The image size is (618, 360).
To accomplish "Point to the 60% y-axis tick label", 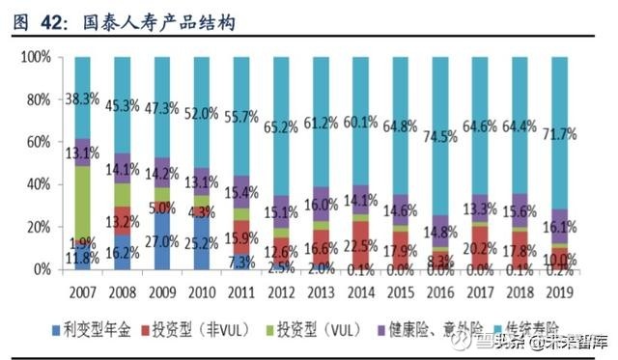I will pos(36,142).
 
